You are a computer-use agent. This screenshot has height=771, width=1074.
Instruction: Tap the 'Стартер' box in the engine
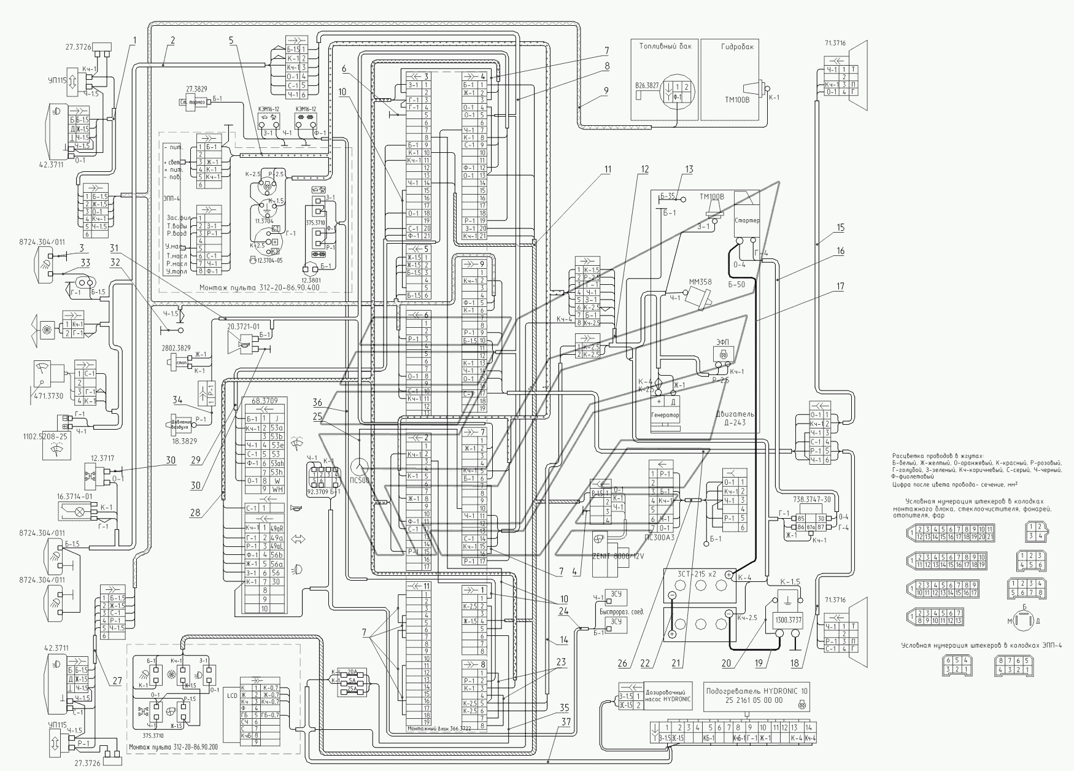point(747,221)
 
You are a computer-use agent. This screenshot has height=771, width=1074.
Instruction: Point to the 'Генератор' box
point(665,416)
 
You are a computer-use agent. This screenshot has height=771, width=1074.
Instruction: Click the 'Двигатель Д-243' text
point(735,419)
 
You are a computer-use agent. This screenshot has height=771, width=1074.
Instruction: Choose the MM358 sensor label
point(700,282)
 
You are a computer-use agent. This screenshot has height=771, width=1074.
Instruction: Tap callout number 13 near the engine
point(689,169)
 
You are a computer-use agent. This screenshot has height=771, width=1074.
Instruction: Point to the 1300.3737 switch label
point(787,620)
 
